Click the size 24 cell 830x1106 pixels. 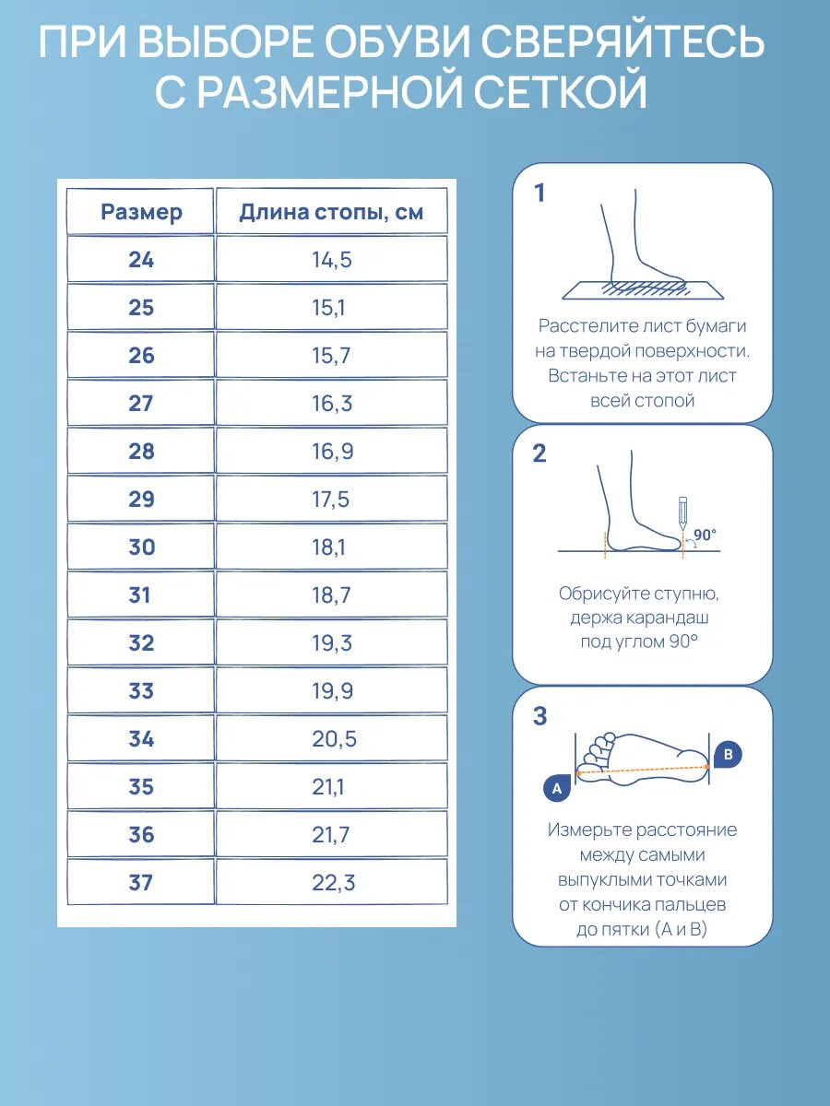pos(140,260)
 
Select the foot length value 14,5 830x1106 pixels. pos(332,260)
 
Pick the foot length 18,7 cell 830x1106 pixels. pos(331,595)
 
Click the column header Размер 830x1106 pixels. pos(141,212)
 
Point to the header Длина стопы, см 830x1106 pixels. pos(331,212)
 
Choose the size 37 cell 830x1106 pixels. pos(140,882)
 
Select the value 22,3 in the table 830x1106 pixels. pos(333,883)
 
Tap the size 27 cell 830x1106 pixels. pos(140,404)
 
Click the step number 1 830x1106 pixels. pos(539,193)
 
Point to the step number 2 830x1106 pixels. pos(539,453)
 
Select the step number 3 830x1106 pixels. pos(539,716)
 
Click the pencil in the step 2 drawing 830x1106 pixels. pos(682,513)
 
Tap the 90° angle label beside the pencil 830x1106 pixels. pos(705,535)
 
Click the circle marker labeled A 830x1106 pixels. pos(556,787)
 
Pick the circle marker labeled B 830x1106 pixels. pos(728,754)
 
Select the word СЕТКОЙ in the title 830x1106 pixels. pos(561,91)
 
